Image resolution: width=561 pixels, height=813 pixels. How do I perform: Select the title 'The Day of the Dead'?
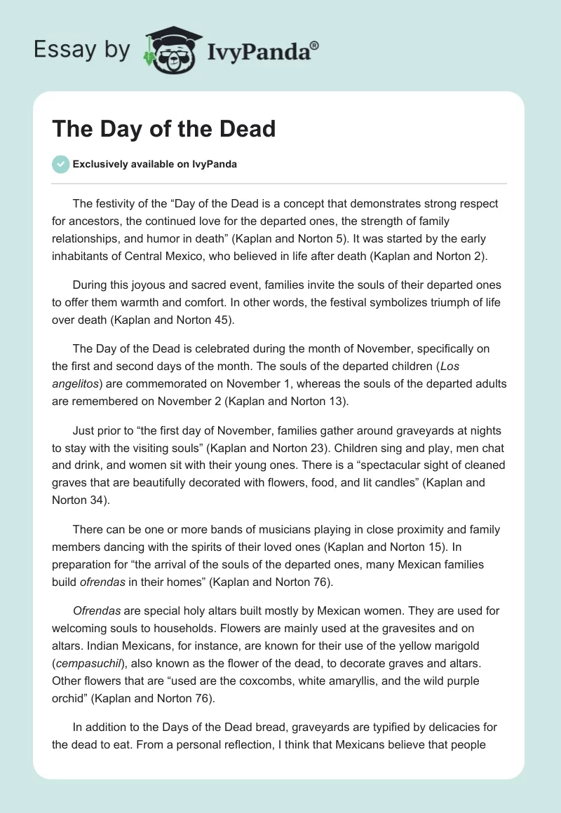[163, 130]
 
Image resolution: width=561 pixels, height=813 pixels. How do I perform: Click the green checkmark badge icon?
[60, 164]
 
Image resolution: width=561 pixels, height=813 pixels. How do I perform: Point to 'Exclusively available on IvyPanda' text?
[155, 165]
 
